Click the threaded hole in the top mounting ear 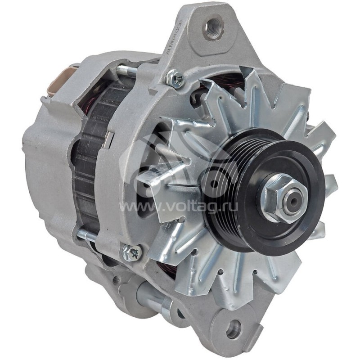pyautogui.click(x=213, y=27)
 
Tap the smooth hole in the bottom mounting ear pyautogui.click(x=234, y=330)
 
